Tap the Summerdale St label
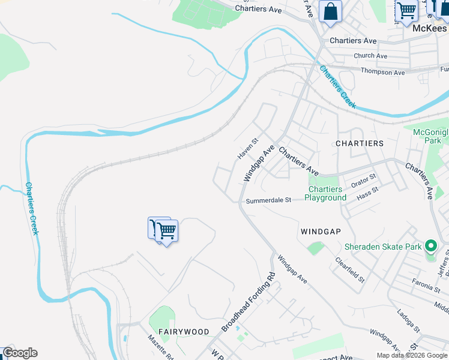tap(268, 200)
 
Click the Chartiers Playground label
tap(325, 194)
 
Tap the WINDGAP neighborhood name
tap(321, 231)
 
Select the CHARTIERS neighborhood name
tap(360, 143)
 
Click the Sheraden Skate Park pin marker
tap(430, 246)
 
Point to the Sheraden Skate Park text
tap(383, 247)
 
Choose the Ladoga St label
tap(408, 320)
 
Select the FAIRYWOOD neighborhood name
tap(184, 331)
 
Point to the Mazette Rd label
tap(160, 347)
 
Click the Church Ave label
tap(370, 56)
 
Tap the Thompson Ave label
tap(382, 72)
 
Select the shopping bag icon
tap(330, 11)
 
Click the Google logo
tap(20, 353)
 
